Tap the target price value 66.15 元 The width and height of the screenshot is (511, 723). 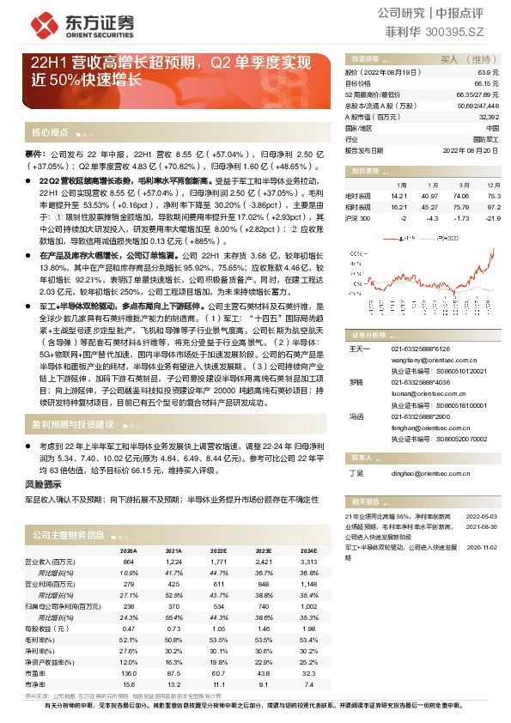[x=487, y=83]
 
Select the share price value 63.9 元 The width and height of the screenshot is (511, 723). [x=490, y=73]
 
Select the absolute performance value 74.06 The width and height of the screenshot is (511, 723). [x=462, y=196]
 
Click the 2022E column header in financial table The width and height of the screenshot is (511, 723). [x=217, y=550]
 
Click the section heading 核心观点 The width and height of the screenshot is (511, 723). [x=50, y=133]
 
